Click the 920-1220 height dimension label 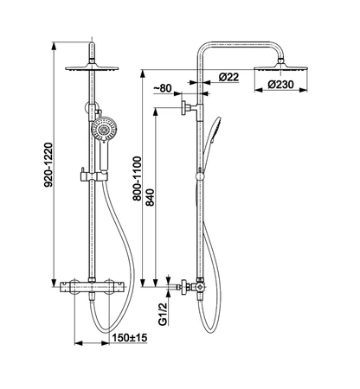pyautogui.click(x=48, y=164)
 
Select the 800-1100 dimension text pyautogui.click(x=137, y=178)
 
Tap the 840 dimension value pyautogui.click(x=150, y=197)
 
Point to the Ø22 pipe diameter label pyautogui.click(x=228, y=77)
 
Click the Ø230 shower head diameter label pyautogui.click(x=280, y=85)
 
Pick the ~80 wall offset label pyautogui.click(x=163, y=88)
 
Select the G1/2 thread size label pyautogui.click(x=164, y=314)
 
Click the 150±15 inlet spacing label pyautogui.click(x=130, y=337)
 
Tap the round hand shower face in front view pyautogui.click(x=104, y=129)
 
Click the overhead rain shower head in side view pyautogui.click(x=280, y=68)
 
